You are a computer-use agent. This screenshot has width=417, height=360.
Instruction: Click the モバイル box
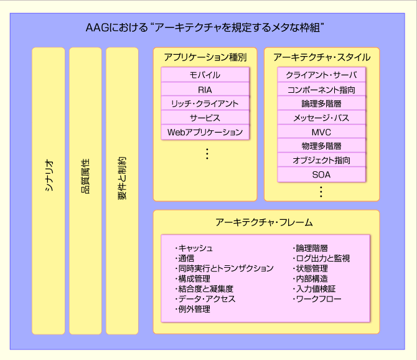pyautogui.click(x=205, y=75)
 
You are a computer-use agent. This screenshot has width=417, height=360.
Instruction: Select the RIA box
pyautogui.click(x=205, y=89)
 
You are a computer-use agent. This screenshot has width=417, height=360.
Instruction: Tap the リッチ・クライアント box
pyautogui.click(x=205, y=103)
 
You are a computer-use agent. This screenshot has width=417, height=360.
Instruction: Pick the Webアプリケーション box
pyautogui.click(x=205, y=132)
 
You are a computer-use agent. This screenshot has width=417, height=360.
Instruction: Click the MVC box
pyautogui.click(x=321, y=132)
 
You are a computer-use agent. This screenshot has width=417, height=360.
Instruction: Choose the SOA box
pyautogui.click(x=321, y=174)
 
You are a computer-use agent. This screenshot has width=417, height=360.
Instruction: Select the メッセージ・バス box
pyautogui.click(x=321, y=118)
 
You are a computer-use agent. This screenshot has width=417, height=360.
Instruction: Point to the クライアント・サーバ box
pyautogui.click(x=321, y=75)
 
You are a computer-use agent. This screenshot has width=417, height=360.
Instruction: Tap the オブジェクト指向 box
pyautogui.click(x=321, y=160)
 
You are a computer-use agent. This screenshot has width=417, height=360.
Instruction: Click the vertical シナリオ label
pyautogui.click(x=49, y=176)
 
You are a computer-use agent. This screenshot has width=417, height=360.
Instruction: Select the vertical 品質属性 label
pyautogui.click(x=85, y=176)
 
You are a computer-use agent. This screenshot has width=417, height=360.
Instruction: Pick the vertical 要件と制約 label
pyautogui.click(x=122, y=178)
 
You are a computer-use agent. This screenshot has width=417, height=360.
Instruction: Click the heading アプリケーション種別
pyautogui.click(x=205, y=57)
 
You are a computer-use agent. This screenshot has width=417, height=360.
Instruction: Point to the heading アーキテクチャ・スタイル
pyautogui.click(x=322, y=57)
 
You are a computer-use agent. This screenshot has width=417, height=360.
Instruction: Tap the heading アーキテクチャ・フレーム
pyautogui.click(x=264, y=222)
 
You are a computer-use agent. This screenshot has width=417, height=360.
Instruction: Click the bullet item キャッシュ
pyautogui.click(x=194, y=248)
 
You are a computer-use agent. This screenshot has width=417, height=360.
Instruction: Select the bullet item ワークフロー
pyautogui.click(x=317, y=299)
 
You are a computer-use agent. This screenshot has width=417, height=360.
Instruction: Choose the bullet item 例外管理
pyautogui.click(x=192, y=309)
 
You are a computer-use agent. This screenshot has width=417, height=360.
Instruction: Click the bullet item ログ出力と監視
pyautogui.click(x=321, y=258)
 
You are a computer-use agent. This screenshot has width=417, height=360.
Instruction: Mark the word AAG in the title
pyautogui.click(x=97, y=27)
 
